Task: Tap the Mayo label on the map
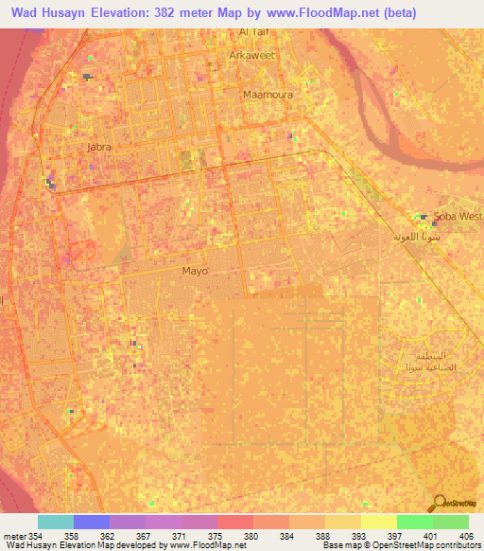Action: [x=195, y=271]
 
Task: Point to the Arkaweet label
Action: [x=251, y=56]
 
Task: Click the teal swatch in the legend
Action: [x=56, y=522]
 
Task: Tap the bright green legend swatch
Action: [x=414, y=522]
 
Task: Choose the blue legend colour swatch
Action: [x=92, y=522]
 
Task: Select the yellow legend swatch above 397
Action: [x=378, y=522]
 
